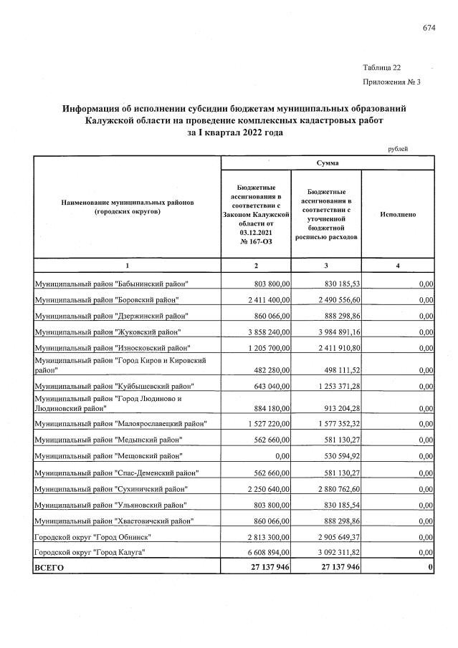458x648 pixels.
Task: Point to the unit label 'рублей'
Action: point(398,148)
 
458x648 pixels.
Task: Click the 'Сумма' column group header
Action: point(328,164)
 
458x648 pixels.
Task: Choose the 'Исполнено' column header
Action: point(399,214)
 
